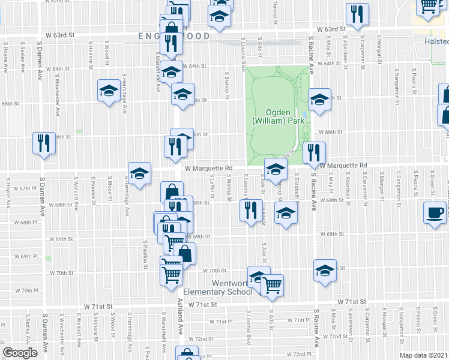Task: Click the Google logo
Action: click(x=20, y=353)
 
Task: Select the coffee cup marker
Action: click(x=435, y=213)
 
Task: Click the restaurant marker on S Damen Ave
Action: click(x=44, y=143)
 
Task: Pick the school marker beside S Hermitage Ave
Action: click(x=109, y=91)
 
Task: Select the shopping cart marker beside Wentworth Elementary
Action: click(x=272, y=285)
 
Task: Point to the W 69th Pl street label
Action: click(x=26, y=256)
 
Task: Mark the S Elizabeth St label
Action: click(x=297, y=182)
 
